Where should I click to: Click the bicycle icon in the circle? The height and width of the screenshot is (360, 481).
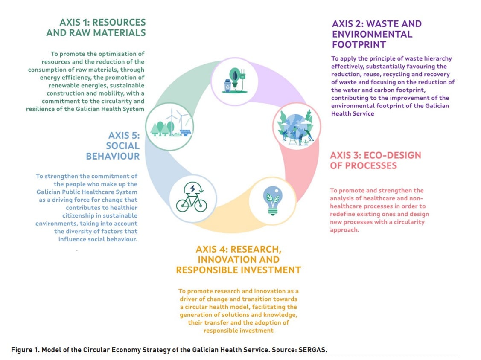click(192, 200)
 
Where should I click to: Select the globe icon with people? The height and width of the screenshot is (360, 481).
click(296, 126)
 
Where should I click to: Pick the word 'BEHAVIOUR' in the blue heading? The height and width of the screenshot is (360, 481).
click(113, 156)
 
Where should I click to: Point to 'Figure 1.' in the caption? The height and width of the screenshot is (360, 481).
click(25, 350)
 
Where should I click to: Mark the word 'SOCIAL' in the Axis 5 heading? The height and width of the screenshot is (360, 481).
click(122, 145)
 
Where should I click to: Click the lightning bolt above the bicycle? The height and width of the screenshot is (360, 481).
click(192, 189)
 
